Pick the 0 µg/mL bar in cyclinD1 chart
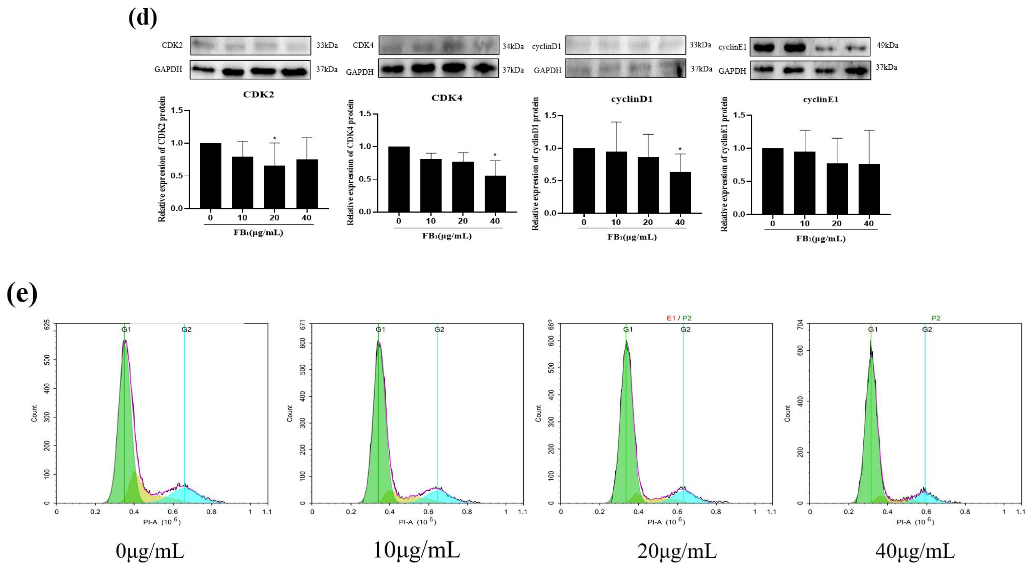[584, 180]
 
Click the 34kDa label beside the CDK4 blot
[513, 47]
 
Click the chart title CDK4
[447, 98]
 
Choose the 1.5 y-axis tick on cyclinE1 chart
[739, 115]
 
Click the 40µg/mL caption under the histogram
[915, 551]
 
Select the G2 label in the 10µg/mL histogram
[439, 329]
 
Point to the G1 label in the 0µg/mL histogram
[126, 329]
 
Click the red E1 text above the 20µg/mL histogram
[671, 318]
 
